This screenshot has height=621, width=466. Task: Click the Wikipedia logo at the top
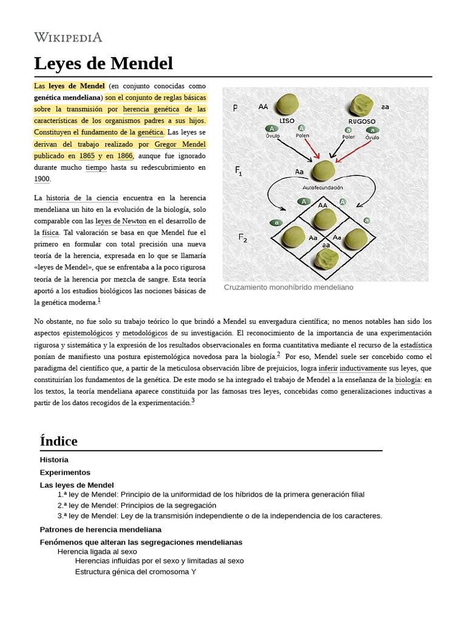68,37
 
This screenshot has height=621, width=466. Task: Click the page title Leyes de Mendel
103,63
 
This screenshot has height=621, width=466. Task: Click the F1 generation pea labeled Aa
322,171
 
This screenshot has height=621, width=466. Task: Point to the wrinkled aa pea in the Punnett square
326,259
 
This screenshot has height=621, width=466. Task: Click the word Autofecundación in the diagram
322,188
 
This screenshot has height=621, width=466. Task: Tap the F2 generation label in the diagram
242,237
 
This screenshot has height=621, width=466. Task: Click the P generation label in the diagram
235,108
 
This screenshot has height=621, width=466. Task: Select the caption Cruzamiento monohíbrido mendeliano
288,287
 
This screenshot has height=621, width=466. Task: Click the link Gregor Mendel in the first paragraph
180,144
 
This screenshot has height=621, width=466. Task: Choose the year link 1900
42,179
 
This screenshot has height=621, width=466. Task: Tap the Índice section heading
58,441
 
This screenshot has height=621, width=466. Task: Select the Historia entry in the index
54,460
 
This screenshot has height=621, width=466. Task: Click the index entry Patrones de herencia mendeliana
100,529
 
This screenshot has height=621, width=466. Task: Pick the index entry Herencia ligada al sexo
97,552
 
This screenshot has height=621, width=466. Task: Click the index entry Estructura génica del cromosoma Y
135,571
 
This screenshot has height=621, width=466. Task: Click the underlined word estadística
415,344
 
